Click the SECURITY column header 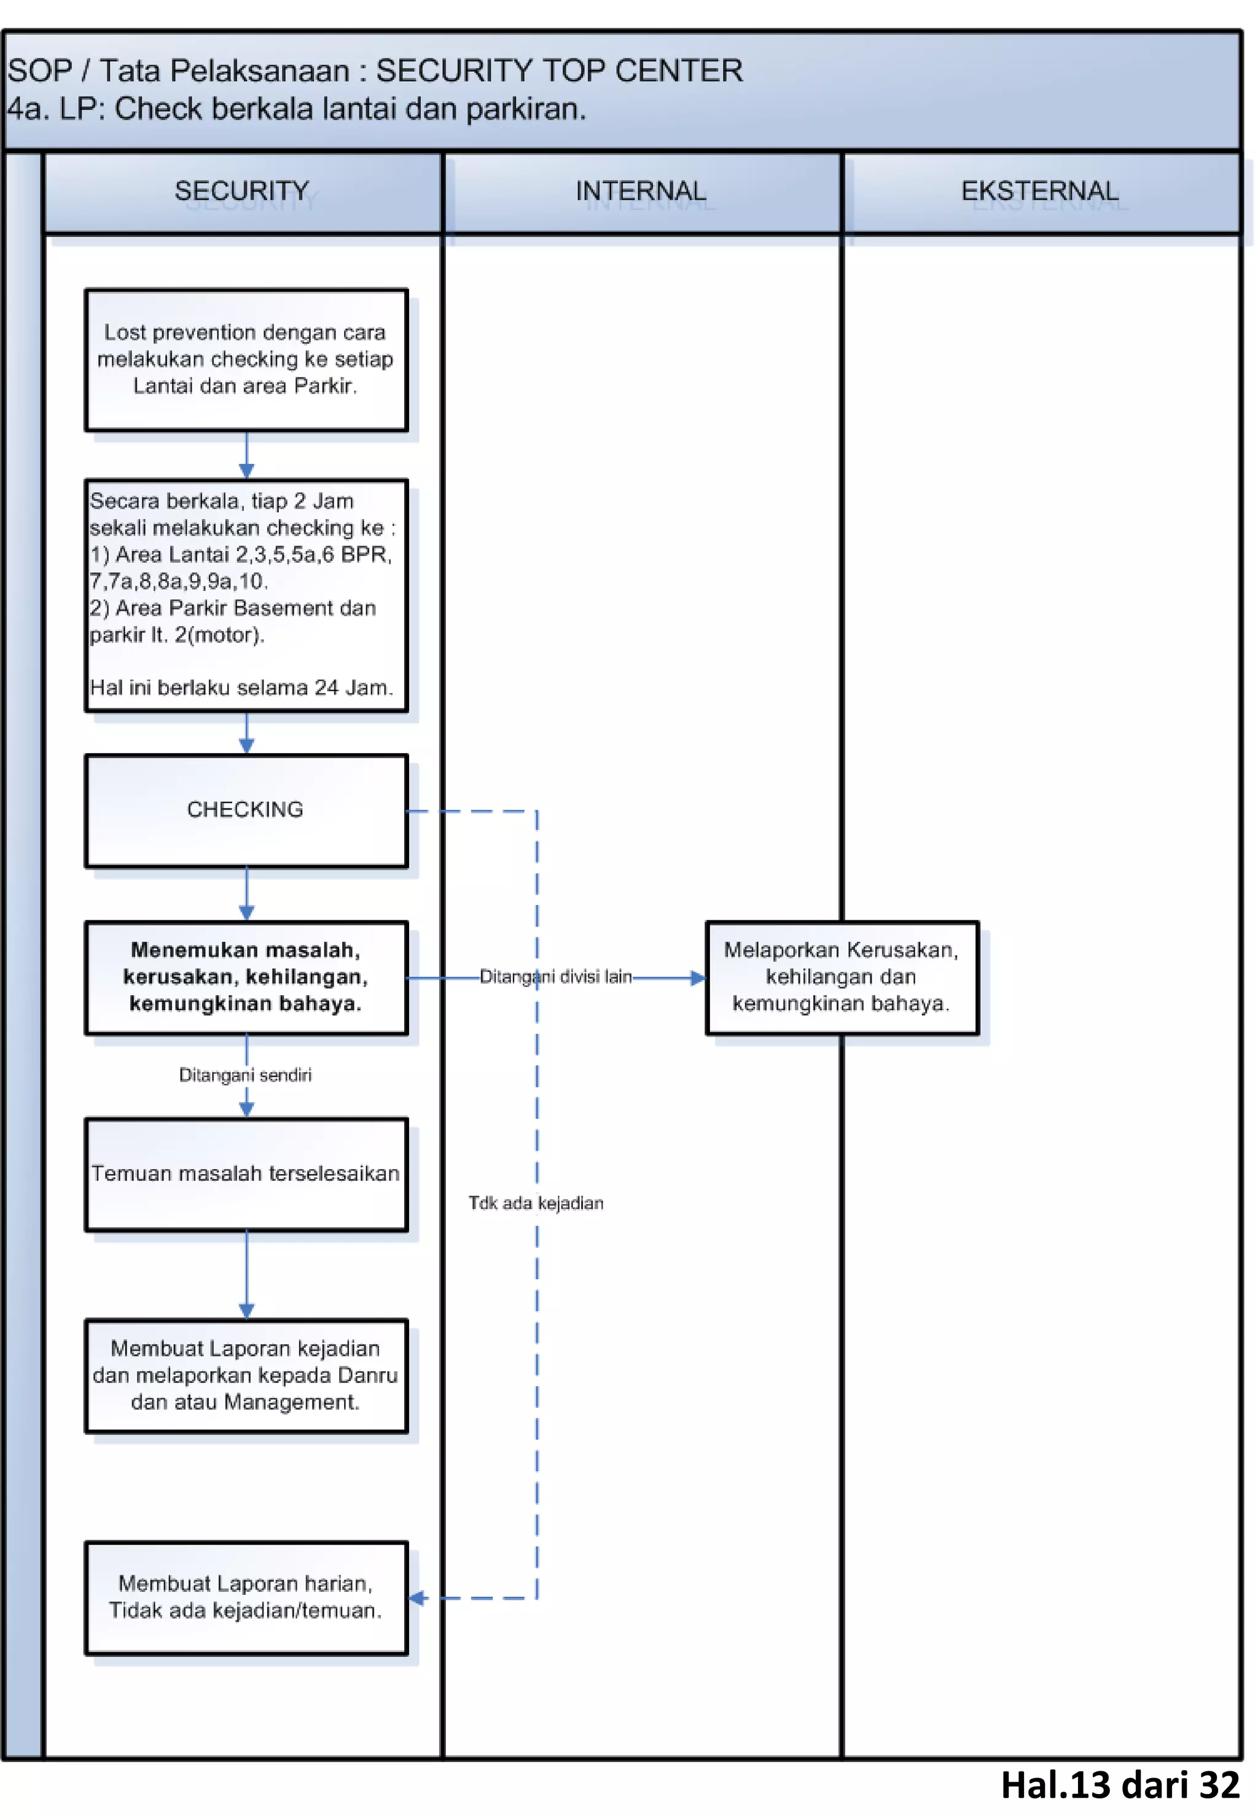click(241, 192)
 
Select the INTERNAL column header click(641, 192)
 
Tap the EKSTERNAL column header click(1040, 192)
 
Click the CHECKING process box click(246, 810)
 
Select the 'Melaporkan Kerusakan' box click(841, 977)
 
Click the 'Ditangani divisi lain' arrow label click(556, 977)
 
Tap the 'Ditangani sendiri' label click(245, 1075)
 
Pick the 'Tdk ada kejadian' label click(536, 1203)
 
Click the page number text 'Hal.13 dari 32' click(1119, 1785)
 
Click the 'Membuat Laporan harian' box click(246, 1597)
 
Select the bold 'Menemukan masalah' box click(246, 977)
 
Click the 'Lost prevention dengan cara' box click(246, 359)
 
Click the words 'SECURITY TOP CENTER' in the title click(559, 71)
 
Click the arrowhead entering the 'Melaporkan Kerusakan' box click(698, 978)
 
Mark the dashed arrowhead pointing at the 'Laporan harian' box click(418, 1598)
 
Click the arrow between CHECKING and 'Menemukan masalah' click(247, 894)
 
